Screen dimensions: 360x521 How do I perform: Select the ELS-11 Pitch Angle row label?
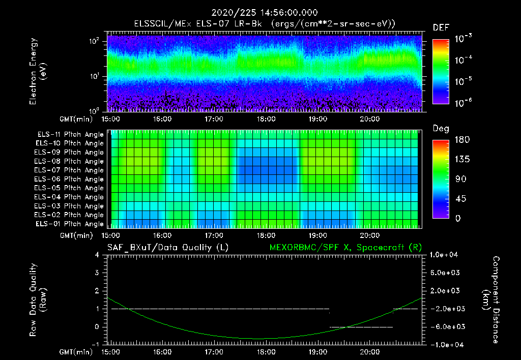click(70, 134)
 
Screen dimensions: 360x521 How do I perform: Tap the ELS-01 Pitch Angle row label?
click(70, 224)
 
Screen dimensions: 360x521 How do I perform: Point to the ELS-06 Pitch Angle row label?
click(70, 179)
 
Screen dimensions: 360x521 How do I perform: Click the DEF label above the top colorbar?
click(441, 28)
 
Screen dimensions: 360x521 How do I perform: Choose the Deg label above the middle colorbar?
click(441, 129)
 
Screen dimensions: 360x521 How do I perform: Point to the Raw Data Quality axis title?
click(38, 300)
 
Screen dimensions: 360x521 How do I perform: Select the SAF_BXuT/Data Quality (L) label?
click(167, 248)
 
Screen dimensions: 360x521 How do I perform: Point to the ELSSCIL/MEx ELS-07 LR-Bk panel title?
click(265, 24)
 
